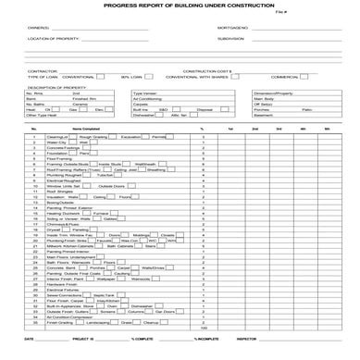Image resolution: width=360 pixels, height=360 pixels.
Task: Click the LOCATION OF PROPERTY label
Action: tap(52, 39)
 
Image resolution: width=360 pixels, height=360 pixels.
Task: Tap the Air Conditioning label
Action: tap(149, 99)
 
